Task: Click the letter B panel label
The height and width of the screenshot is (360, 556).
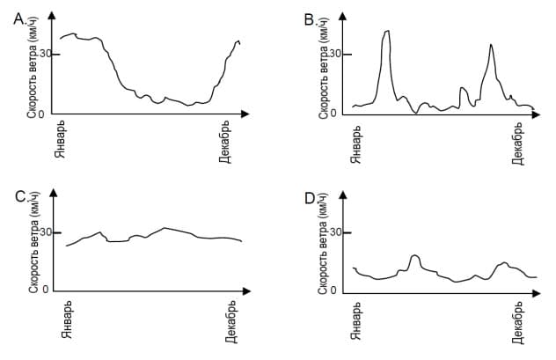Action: click(x=309, y=18)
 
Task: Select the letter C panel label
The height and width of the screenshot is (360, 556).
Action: click(x=19, y=196)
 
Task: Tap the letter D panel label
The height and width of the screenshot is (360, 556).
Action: click(x=310, y=196)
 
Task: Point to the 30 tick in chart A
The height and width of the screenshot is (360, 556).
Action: click(x=43, y=54)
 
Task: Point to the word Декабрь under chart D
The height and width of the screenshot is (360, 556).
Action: click(x=518, y=324)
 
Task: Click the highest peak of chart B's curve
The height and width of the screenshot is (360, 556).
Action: click(x=386, y=32)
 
